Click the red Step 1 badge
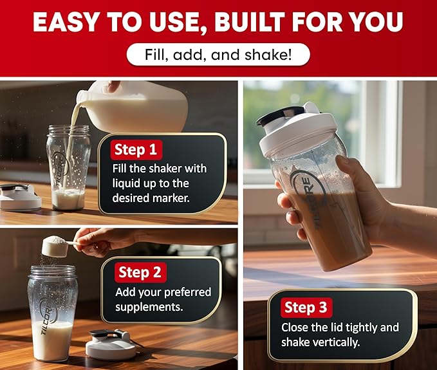pyautogui.click(x=136, y=150)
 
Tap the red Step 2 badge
pyautogui.click(x=140, y=272)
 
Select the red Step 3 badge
pyautogui.click(x=306, y=308)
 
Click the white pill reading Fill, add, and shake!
pyautogui.click(x=218, y=55)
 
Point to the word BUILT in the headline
pyautogui.click(x=249, y=22)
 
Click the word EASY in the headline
pyautogui.click(x=66, y=22)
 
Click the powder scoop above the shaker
pyautogui.click(x=56, y=246)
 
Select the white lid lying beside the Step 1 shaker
pyautogui.click(x=19, y=198)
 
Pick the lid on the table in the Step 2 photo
pyautogui.click(x=111, y=344)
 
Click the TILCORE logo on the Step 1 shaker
pyautogui.click(x=60, y=169)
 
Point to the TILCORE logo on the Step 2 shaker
pyautogui.click(x=46, y=317)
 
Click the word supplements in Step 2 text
pyautogui.click(x=149, y=307)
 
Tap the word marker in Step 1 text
pyautogui.click(x=171, y=198)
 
